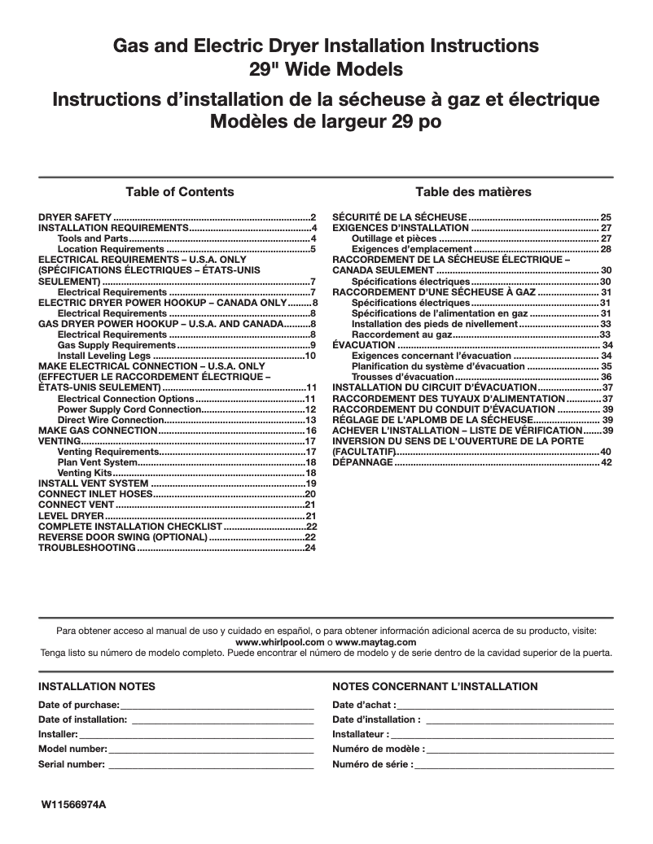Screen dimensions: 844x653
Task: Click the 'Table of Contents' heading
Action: (x=179, y=192)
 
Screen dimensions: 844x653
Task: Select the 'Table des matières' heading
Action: (x=473, y=192)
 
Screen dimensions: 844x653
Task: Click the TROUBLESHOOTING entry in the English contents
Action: (x=87, y=548)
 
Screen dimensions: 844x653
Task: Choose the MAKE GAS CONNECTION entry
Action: (x=98, y=430)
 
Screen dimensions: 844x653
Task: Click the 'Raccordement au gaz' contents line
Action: (x=401, y=335)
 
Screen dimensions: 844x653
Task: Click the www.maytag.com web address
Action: (x=370, y=642)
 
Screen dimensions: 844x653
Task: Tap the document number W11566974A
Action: (x=74, y=805)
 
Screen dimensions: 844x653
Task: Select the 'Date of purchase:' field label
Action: (x=79, y=704)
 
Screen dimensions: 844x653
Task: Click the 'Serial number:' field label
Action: (x=72, y=764)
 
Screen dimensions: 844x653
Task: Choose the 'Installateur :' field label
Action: (x=361, y=734)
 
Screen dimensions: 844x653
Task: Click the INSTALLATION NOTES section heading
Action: (x=97, y=687)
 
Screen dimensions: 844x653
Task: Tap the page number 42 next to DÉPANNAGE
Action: (x=606, y=462)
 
